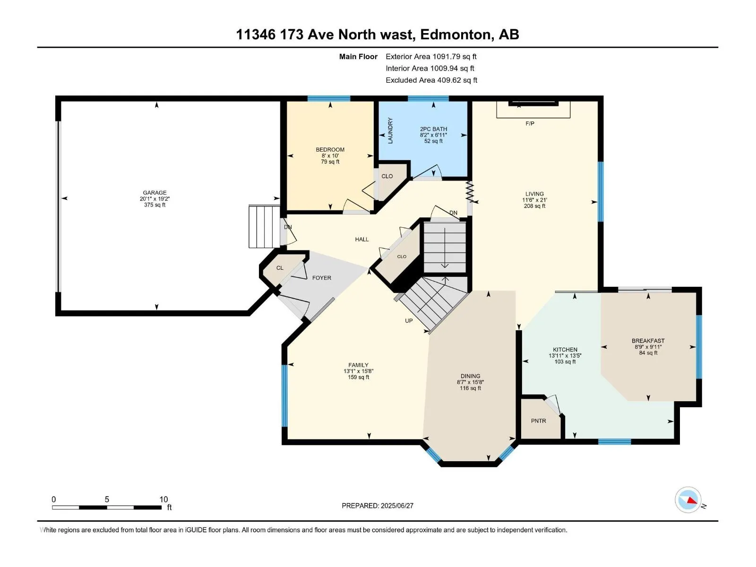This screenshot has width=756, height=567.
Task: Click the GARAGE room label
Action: point(155,193)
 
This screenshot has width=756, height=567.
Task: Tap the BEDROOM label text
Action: point(330,149)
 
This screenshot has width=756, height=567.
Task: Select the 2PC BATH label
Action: point(433,129)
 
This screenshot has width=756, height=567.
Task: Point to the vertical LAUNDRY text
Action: point(390,130)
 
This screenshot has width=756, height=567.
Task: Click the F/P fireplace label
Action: point(530,123)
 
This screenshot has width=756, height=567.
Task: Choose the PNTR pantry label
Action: point(538,421)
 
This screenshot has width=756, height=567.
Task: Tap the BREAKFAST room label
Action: point(648,341)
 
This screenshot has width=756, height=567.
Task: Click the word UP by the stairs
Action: point(409,321)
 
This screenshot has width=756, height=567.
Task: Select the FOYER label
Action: point(322,278)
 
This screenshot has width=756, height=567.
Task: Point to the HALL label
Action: point(361,239)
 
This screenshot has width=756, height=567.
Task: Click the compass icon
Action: point(688,499)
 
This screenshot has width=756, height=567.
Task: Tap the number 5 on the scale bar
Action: point(107,499)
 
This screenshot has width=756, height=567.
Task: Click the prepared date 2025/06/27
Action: point(397,506)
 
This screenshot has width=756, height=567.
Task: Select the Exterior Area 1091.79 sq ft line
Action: point(431,56)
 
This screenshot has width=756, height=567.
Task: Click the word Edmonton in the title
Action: point(455,35)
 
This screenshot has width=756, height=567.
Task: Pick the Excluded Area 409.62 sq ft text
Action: point(431,80)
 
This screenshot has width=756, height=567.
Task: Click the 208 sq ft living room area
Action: point(534,206)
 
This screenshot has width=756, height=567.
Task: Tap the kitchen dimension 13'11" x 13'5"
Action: point(565,356)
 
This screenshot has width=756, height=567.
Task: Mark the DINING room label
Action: point(470,376)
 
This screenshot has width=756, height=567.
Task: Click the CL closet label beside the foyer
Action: point(280,268)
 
